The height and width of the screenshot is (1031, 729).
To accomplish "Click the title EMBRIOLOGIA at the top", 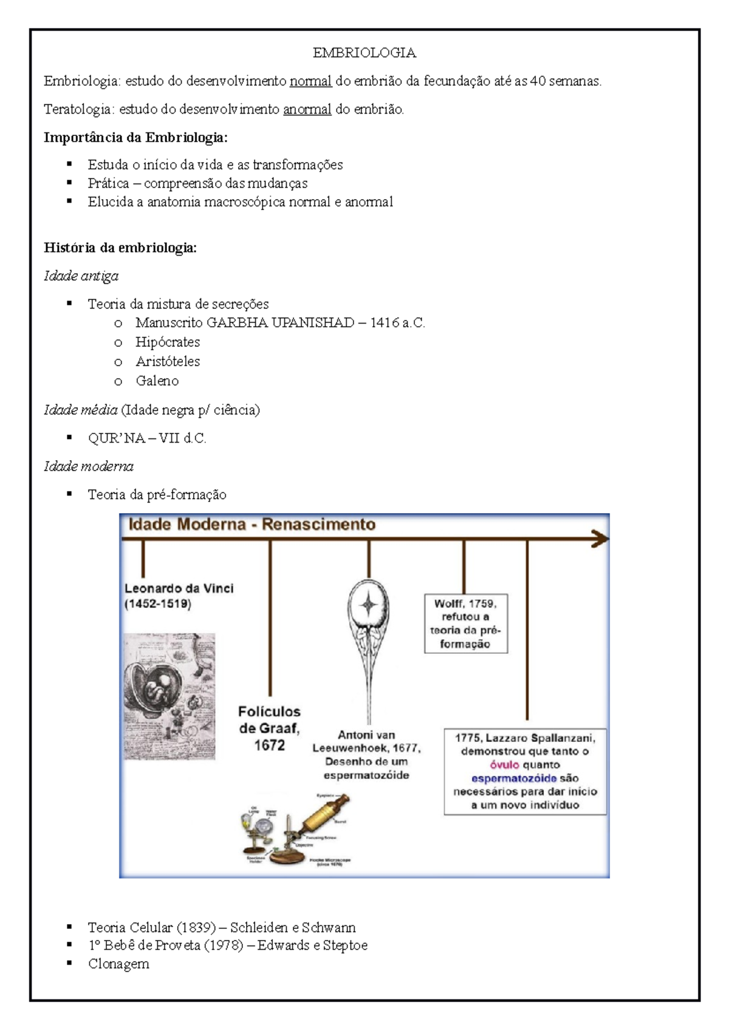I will [364, 53].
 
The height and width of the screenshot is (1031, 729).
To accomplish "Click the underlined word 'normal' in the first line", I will [310, 81].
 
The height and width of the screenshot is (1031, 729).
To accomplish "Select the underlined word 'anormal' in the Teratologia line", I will [307, 109].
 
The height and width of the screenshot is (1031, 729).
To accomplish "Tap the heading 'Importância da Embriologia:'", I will [135, 138].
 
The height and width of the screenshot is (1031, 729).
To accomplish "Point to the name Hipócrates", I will [168, 342].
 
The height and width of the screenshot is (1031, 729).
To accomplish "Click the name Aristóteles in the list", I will [168, 362].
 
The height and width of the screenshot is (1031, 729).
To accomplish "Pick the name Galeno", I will [157, 381].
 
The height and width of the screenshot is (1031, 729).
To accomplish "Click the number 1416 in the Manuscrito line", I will [385, 323].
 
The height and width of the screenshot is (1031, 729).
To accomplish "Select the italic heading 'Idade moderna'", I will [89, 466].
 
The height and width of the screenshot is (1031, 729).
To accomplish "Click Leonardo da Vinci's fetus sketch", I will [169, 696].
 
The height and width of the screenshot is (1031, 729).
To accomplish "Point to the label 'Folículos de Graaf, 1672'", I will [269, 728].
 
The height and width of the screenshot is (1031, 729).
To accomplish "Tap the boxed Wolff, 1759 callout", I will [465, 624].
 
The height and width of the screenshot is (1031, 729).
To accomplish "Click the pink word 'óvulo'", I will [504, 765].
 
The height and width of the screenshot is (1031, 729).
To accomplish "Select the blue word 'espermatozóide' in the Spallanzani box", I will [514, 778].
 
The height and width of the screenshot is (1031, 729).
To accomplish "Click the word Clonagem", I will [118, 964].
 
